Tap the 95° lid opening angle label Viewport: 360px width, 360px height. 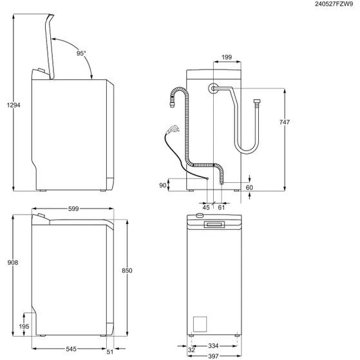81,54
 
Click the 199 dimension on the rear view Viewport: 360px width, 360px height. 226,58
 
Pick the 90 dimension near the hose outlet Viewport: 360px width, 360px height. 163,185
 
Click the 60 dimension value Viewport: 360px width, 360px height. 249,187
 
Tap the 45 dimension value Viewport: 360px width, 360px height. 206,207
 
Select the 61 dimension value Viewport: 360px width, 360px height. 221,207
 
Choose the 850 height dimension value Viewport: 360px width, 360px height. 127,271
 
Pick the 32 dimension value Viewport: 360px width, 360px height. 192,350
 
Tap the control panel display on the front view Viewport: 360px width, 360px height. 213,224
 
